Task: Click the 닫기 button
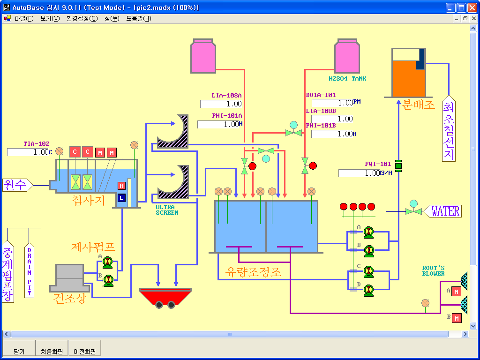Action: coord(19,351)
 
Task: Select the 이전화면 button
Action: coord(84,351)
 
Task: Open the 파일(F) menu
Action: coord(24,19)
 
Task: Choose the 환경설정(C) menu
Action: coord(82,19)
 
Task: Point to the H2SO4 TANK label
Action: coord(347,79)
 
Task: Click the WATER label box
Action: coord(444,211)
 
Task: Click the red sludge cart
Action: coord(165,296)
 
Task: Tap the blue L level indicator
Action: coord(122,198)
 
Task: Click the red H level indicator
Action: coord(121,186)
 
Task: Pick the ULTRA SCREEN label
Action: coord(167,210)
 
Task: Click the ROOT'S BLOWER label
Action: coord(433,271)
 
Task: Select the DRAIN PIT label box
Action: coord(29,271)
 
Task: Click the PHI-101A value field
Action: coord(218,125)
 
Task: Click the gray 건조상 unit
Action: coord(69,278)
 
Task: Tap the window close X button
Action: coord(472,7)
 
